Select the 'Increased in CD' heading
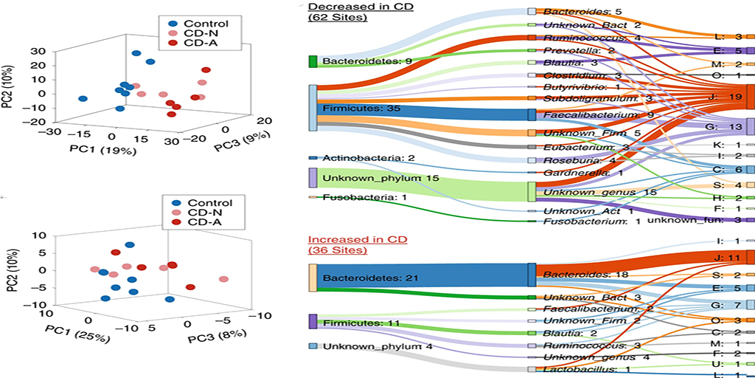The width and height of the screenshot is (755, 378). click(x=357, y=240)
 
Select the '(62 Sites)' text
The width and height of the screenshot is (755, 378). click(x=338, y=18)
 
